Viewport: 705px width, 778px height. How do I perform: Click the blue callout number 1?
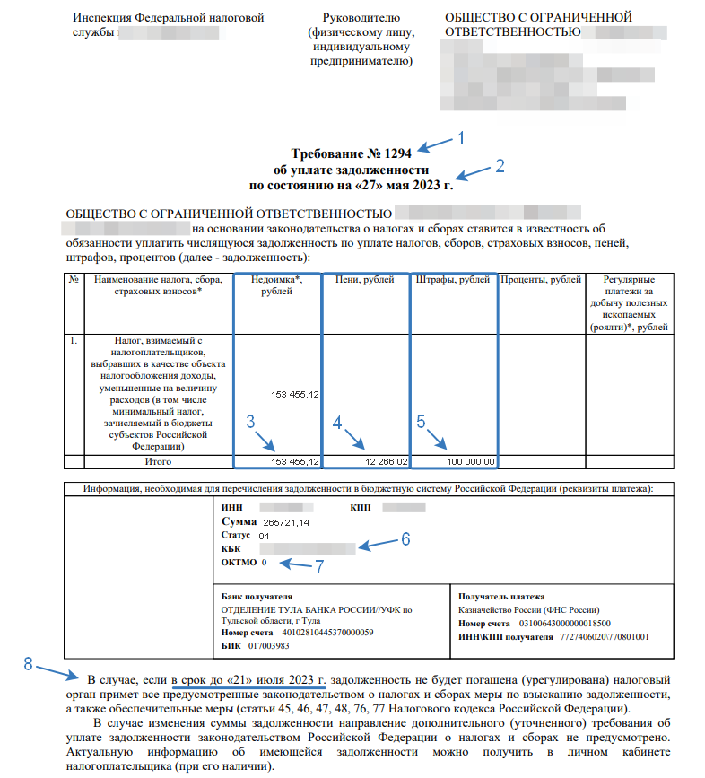tap(461, 138)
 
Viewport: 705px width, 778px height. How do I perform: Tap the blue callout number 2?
tap(500, 165)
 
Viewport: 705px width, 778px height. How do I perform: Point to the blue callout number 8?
tap(29, 664)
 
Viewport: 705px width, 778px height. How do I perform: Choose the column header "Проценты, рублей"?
tap(541, 281)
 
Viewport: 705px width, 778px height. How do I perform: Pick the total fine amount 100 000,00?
tap(469, 461)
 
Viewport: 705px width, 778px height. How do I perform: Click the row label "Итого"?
tap(158, 461)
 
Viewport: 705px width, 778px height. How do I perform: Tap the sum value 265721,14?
tap(287, 521)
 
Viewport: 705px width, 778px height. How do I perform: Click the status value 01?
tap(264, 536)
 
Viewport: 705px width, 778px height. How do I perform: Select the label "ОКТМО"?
tap(239, 563)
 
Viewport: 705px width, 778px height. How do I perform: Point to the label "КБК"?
tap(231, 548)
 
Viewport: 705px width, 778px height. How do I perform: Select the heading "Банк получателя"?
tap(257, 596)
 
